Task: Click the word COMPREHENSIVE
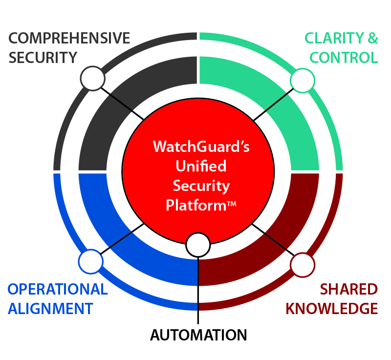pos(69,38)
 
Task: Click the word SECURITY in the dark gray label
pos(43,58)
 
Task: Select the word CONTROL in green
pos(344,58)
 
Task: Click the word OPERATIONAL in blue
pos(58,289)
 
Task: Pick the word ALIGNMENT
pos(50,309)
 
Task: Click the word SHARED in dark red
pos(348,289)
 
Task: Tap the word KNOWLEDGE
pos(331,309)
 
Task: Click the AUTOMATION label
pos(198,335)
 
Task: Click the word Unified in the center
pos(201,166)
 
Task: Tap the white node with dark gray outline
pos(92,78)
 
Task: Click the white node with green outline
pos(303,80)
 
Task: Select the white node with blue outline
pos(91,262)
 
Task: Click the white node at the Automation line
pos(198,245)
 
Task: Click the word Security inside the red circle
pos(201,186)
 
